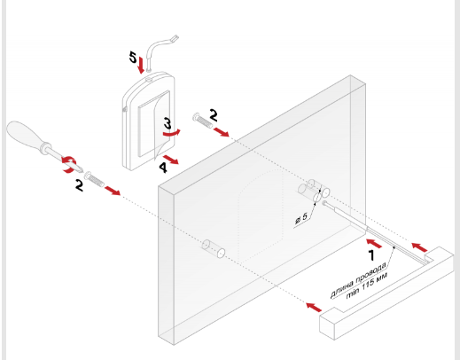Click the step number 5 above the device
click(133, 57)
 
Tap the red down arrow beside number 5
click(141, 66)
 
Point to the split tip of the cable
click(175, 38)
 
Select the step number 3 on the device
click(168, 123)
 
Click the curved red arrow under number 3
click(171, 133)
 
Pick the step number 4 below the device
click(163, 168)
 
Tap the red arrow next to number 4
click(171, 159)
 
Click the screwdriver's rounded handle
click(24, 135)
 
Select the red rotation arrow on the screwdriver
click(69, 165)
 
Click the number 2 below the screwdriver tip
click(79, 185)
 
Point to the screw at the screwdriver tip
click(94, 180)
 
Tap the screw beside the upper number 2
click(202, 121)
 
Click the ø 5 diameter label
click(301, 218)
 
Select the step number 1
click(372, 255)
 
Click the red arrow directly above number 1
click(374, 243)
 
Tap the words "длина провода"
click(358, 279)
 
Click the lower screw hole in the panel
click(214, 249)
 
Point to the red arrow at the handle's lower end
click(314, 307)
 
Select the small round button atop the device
click(149, 79)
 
